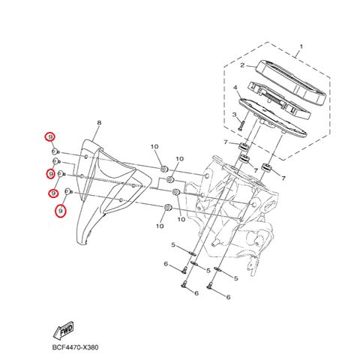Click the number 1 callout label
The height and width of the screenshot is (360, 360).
pyautogui.click(x=301, y=46)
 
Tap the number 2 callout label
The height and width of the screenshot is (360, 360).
pyautogui.click(x=242, y=65)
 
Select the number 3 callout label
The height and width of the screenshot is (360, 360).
pyautogui.click(x=234, y=115)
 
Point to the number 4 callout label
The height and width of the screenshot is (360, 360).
pyautogui.click(x=235, y=88)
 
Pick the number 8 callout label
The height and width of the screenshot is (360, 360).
pyautogui.click(x=99, y=123)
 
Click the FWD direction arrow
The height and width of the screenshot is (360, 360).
pyautogui.click(x=63, y=330)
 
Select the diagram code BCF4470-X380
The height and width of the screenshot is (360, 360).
pyautogui.click(x=75, y=347)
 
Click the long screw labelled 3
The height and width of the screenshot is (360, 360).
pyautogui.click(x=241, y=125)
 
